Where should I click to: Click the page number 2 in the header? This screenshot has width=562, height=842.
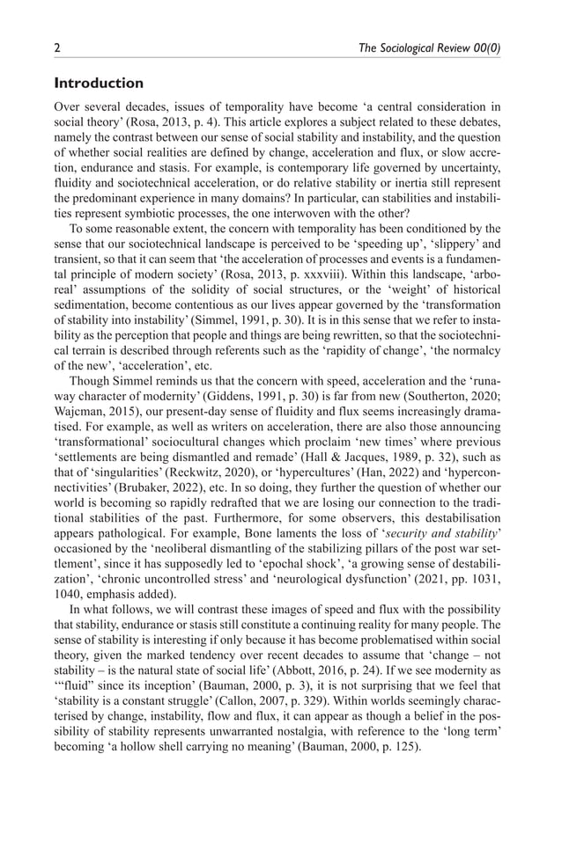(x=58, y=49)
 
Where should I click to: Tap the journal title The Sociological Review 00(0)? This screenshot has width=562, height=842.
(x=430, y=49)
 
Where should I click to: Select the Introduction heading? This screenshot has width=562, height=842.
(x=99, y=84)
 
